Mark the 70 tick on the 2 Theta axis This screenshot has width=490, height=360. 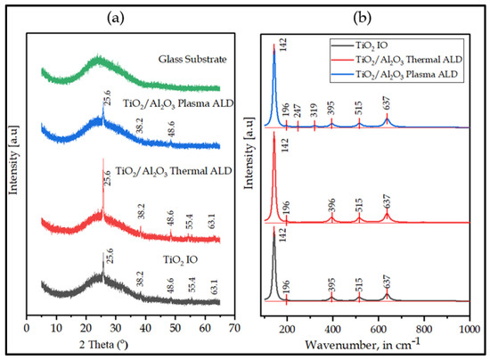click(234, 328)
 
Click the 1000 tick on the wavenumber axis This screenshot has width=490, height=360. click(469, 328)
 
